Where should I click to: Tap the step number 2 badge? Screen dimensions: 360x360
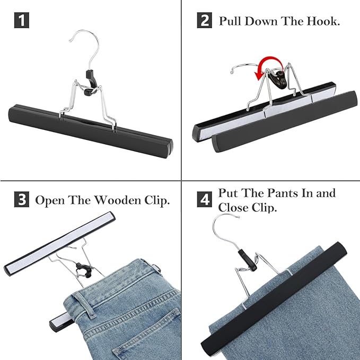205,21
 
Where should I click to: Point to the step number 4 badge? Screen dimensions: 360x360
205,200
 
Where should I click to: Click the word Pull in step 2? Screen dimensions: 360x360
231,21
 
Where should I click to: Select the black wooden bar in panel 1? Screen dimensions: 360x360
90,128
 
